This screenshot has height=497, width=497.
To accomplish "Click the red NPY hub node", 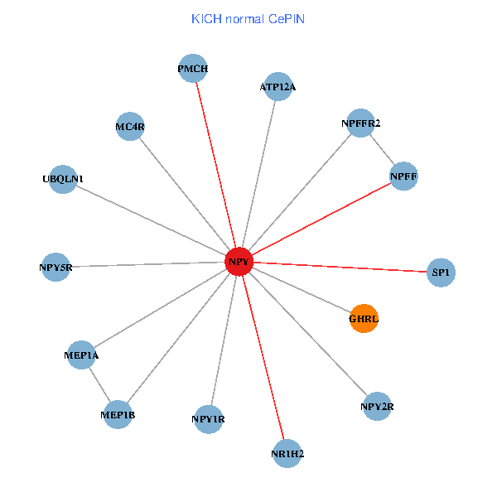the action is click(x=239, y=262).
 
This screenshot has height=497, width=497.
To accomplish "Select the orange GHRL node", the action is click(x=364, y=319).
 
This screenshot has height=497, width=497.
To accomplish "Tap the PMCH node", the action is click(x=193, y=69).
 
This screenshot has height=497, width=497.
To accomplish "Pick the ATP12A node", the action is click(x=278, y=86).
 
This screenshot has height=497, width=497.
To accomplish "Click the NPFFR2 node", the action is click(x=360, y=123).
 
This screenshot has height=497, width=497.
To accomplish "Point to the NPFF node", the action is click(x=403, y=176).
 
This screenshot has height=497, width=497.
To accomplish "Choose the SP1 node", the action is click(x=441, y=273).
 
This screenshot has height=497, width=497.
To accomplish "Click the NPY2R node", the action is click(x=377, y=407).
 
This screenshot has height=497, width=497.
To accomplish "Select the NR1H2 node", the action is click(x=287, y=454).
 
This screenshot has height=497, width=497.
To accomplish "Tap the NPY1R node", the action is click(x=208, y=419).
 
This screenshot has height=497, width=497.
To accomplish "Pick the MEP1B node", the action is click(x=118, y=415).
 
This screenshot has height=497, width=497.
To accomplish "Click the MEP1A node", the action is click(x=81, y=355).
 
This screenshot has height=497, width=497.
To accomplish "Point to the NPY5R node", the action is click(x=55, y=268).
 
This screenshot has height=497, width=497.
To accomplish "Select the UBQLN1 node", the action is click(x=63, y=180).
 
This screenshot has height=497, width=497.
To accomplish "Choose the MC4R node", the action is click(x=130, y=127).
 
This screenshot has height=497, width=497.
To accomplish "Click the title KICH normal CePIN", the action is click(x=248, y=19).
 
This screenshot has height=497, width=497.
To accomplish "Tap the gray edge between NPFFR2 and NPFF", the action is click(x=382, y=150).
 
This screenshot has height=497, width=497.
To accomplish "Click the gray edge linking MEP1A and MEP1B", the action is click(x=100, y=385).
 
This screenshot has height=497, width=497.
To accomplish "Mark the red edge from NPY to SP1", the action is click(x=340, y=268).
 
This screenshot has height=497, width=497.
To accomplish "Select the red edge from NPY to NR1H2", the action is click(x=263, y=358).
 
